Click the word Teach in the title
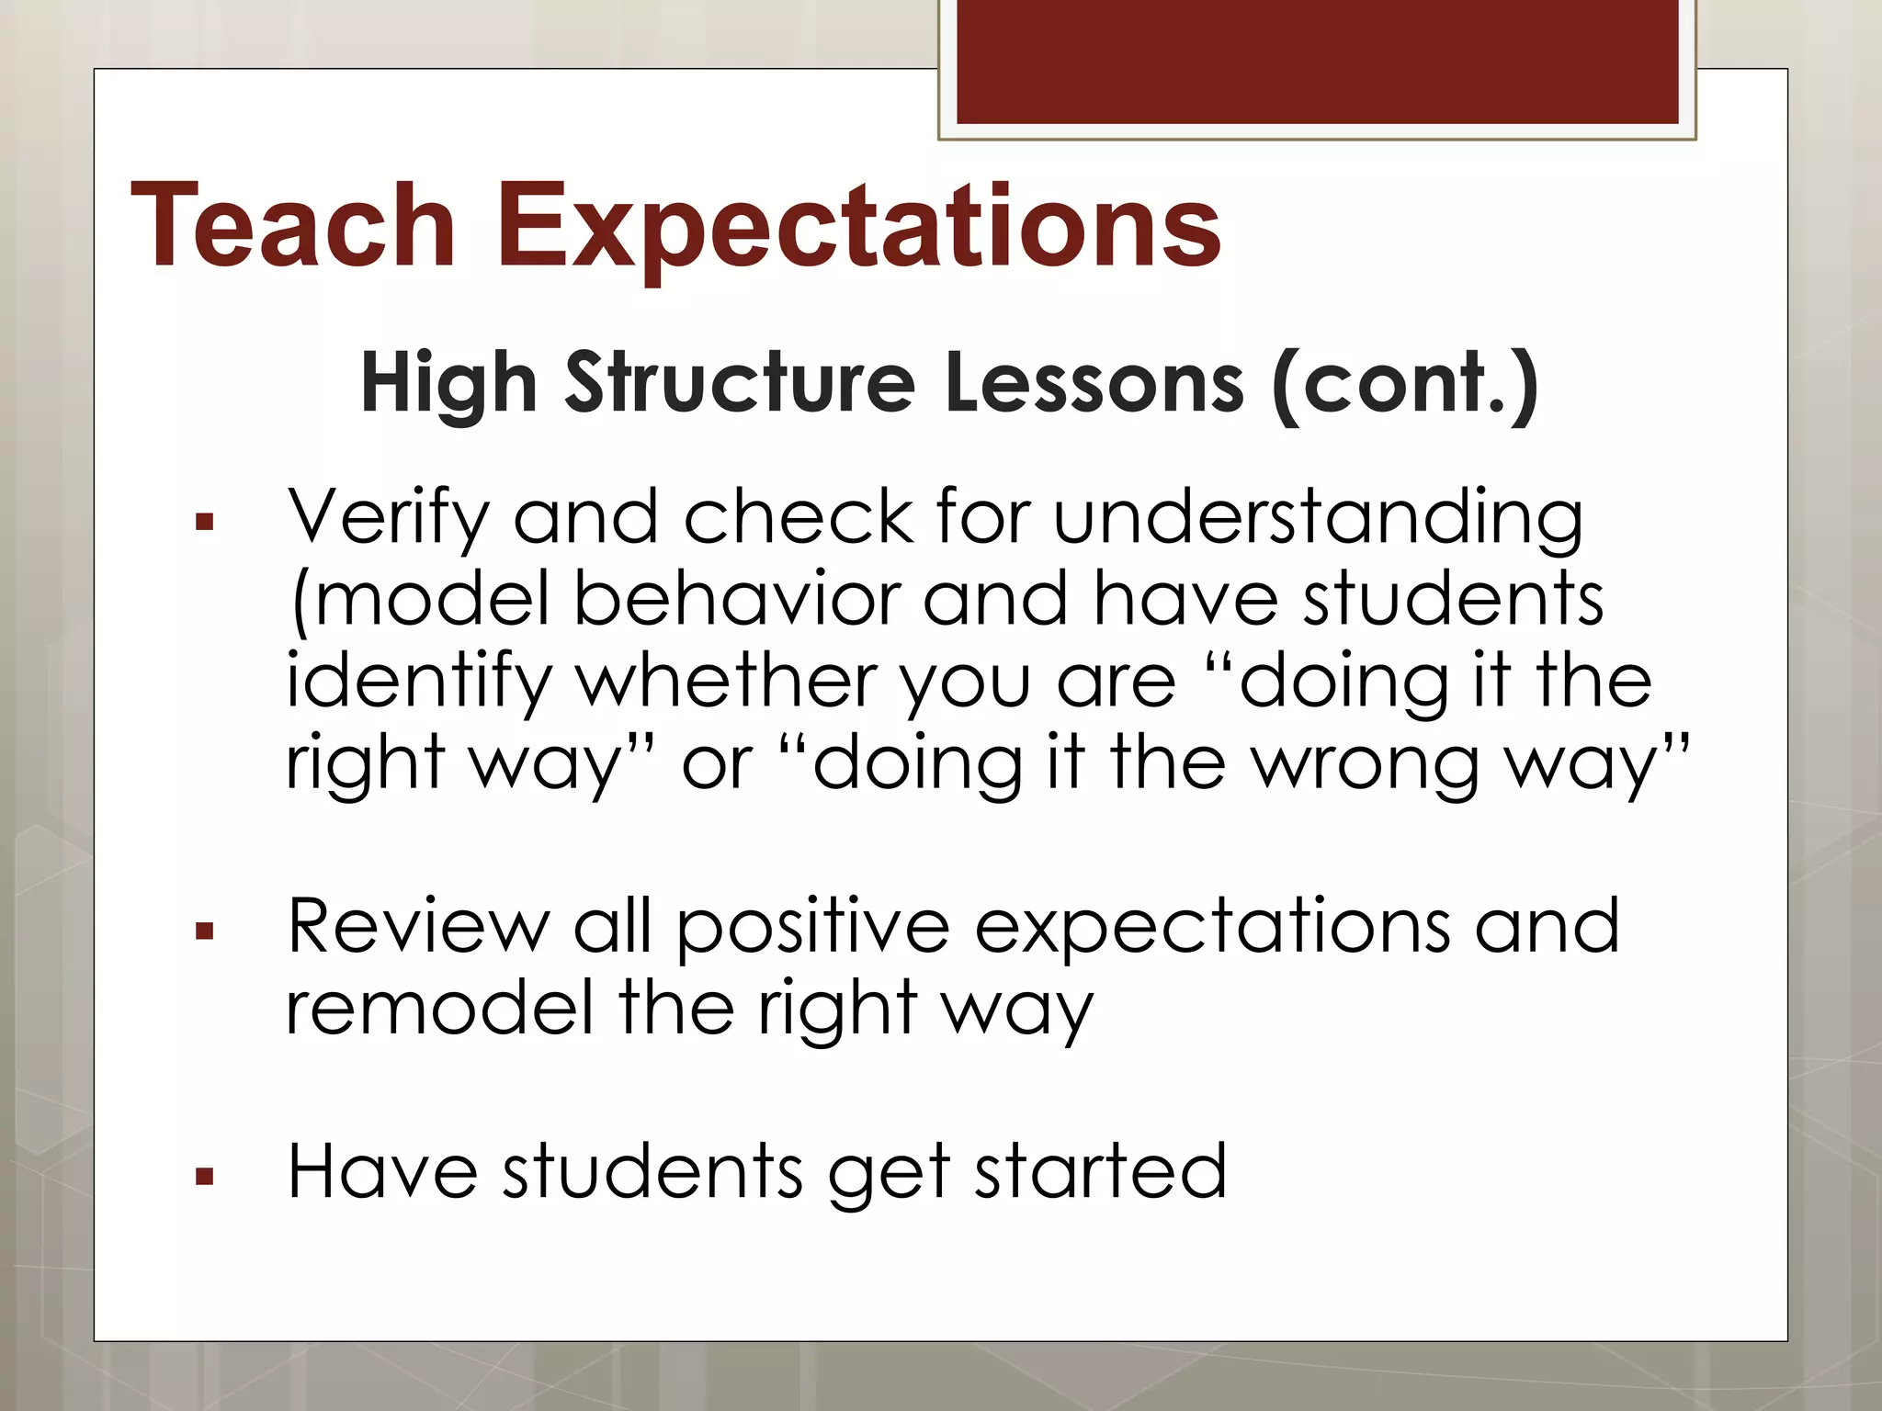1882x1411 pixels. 293,225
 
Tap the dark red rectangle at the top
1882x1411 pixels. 1317,62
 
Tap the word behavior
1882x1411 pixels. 736,599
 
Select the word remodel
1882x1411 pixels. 440,1008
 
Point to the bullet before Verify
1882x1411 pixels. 204,524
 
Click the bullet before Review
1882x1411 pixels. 204,932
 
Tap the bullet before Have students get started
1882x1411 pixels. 204,1177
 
